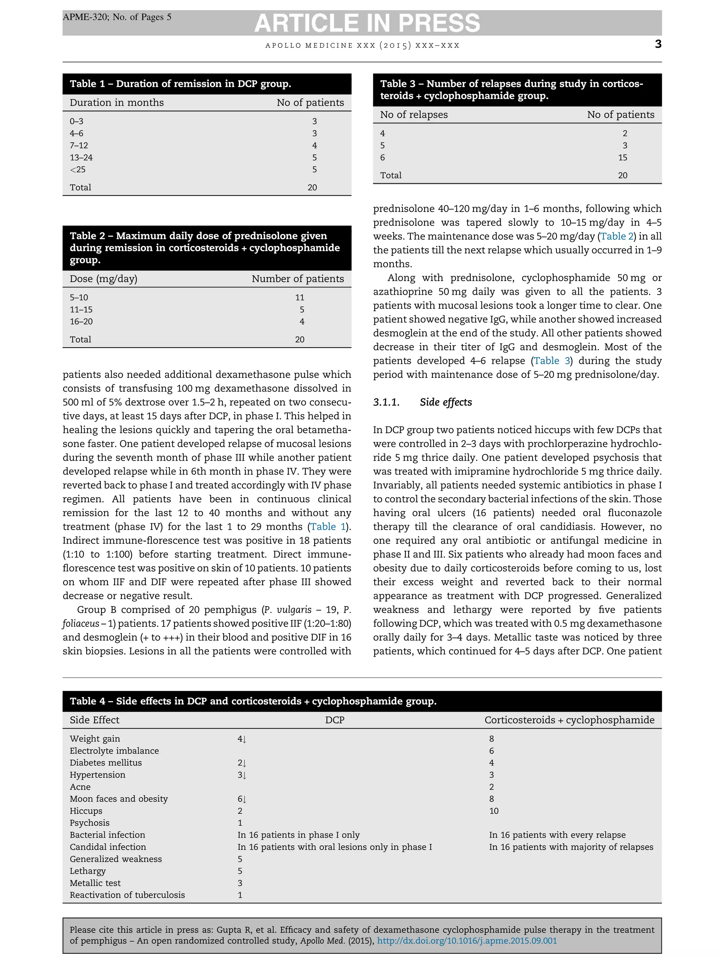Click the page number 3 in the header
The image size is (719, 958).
[658, 44]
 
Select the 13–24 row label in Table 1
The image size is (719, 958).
[81, 158]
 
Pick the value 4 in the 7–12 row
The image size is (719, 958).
[314, 146]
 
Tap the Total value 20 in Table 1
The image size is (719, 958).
[312, 188]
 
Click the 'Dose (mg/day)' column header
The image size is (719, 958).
[103, 279]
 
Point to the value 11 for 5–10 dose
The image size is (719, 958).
[299, 297]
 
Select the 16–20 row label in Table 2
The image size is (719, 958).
[81, 322]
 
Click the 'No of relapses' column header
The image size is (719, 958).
[414, 115]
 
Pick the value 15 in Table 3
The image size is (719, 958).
[622, 158]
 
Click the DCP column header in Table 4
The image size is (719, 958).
[335, 720]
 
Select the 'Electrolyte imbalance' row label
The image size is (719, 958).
[114, 751]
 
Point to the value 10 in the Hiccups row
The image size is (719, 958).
[494, 811]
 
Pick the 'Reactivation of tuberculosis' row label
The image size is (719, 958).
[127, 895]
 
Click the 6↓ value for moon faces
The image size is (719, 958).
[242, 799]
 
